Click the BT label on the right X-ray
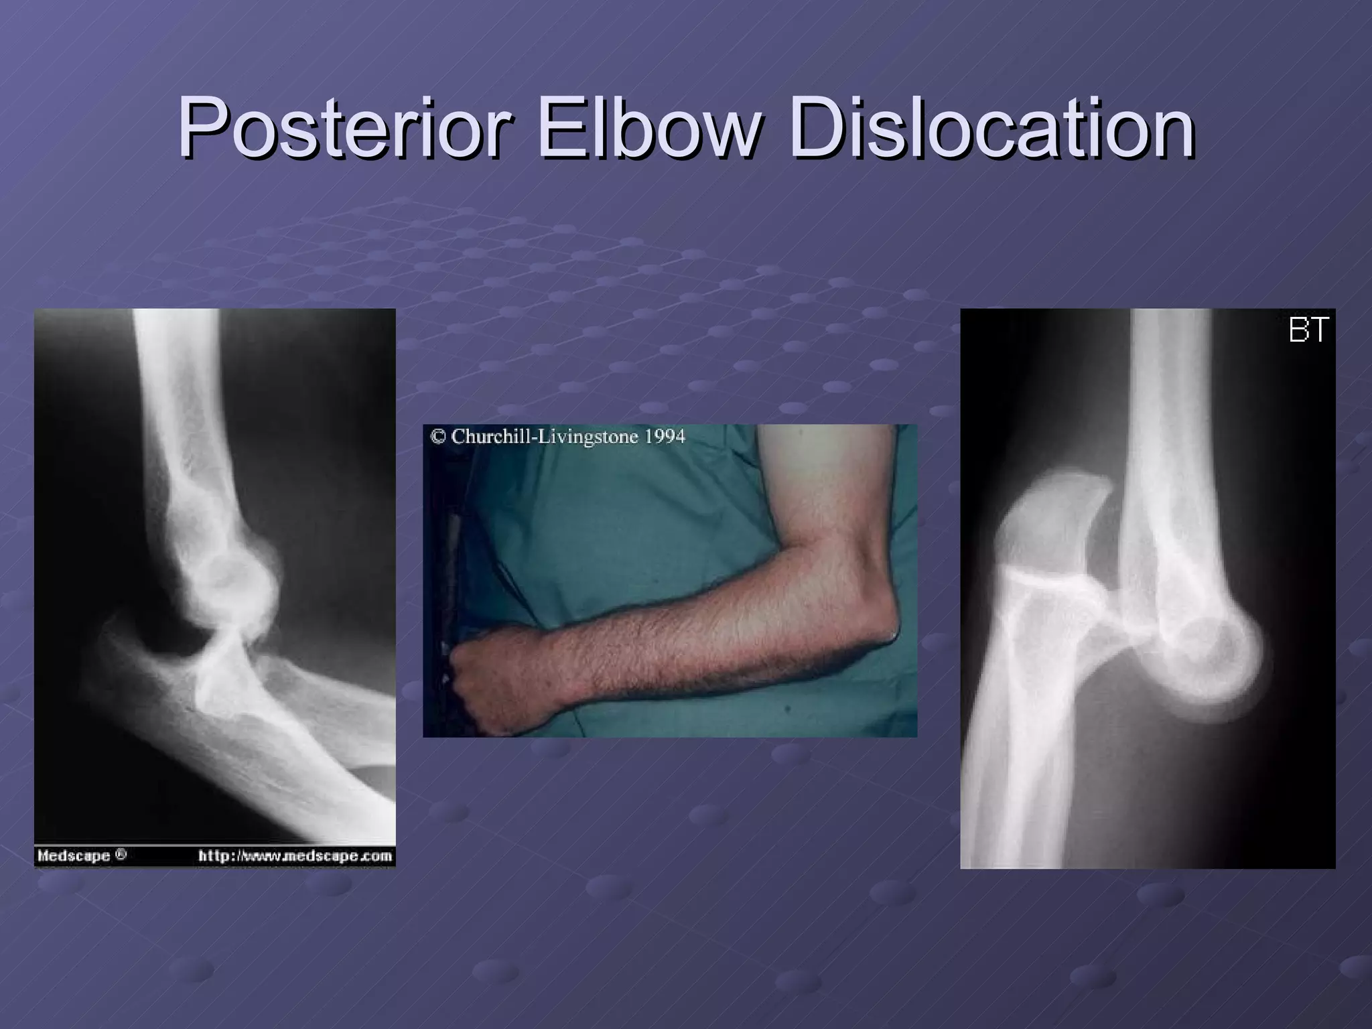(x=1308, y=331)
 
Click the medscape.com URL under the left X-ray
(x=295, y=855)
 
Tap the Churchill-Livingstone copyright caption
(x=557, y=437)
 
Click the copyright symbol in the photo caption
(x=438, y=437)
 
